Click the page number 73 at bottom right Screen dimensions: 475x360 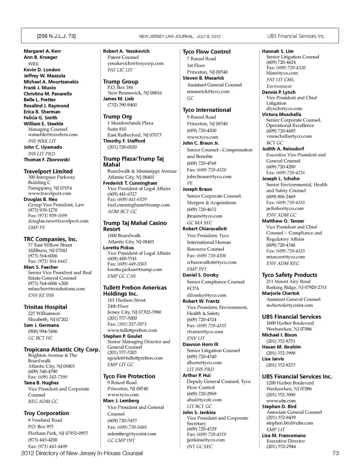coord(335,453)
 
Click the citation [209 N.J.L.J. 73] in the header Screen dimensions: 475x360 coord(56,36)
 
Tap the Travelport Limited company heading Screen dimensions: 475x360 coord(48,171)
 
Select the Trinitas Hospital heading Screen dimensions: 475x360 coord(45,307)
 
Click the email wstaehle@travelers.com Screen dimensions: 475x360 coord(52,135)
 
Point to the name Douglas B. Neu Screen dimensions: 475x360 coord(40,199)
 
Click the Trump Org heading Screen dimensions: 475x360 coord(117,117)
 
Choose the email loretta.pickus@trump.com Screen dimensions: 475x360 coord(135,270)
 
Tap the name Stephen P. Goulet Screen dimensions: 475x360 coord(123,336)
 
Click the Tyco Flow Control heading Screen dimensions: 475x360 coord(207,52)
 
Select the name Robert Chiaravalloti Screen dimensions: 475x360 coord(205,229)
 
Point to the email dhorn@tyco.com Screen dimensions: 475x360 coord(204,363)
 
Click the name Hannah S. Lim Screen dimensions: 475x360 coord(278,51)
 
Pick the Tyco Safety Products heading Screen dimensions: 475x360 coord(289,275)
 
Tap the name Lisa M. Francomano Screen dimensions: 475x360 coord(284,436)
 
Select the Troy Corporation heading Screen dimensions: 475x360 coord(46,413)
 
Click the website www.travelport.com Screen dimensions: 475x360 coord(49,193)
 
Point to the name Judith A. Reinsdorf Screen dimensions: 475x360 coord(283,149)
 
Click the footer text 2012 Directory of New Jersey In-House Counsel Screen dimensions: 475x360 coord(82,453)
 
